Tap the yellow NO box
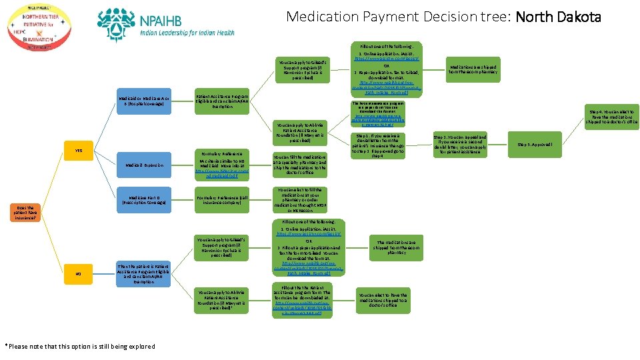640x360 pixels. pyautogui.click(x=78, y=273)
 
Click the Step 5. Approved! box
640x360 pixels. pyautogui.click(x=543, y=143)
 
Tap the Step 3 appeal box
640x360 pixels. pyautogui.click(x=459, y=145)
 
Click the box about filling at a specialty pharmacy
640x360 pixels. pyautogui.click(x=299, y=165)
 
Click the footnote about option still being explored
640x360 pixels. pyautogui.click(x=80, y=346)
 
